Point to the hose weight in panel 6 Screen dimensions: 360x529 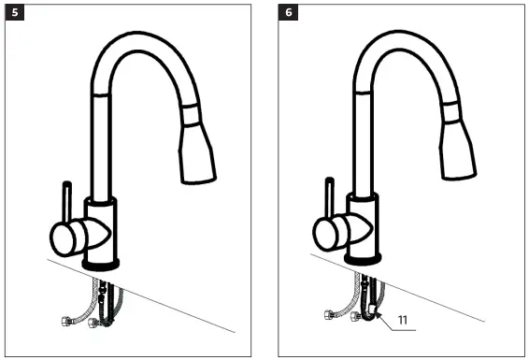(373, 309)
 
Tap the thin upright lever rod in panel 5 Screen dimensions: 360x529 (67, 198)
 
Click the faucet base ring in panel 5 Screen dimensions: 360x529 (100, 265)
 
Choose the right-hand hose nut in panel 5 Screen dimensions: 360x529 (91, 326)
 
